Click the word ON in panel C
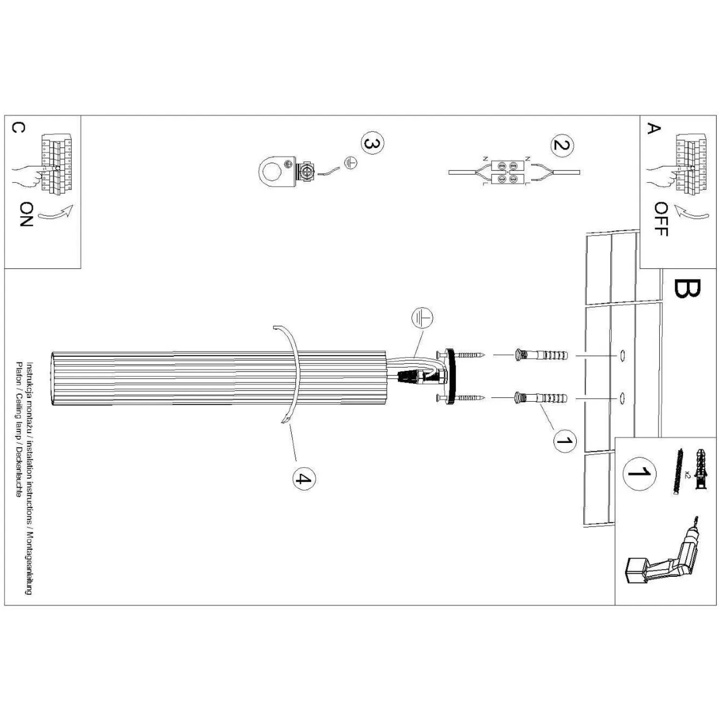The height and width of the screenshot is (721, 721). [27, 214]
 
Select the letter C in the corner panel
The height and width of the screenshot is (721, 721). [18, 128]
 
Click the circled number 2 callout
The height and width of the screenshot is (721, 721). [562, 145]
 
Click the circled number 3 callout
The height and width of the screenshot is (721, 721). [372, 144]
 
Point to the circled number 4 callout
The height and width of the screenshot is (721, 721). [304, 478]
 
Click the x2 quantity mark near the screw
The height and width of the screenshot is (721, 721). [686, 474]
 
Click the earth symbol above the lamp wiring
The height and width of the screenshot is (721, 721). [422, 318]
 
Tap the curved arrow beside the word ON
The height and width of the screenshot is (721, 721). [57, 213]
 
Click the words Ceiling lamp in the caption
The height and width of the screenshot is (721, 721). [19, 419]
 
